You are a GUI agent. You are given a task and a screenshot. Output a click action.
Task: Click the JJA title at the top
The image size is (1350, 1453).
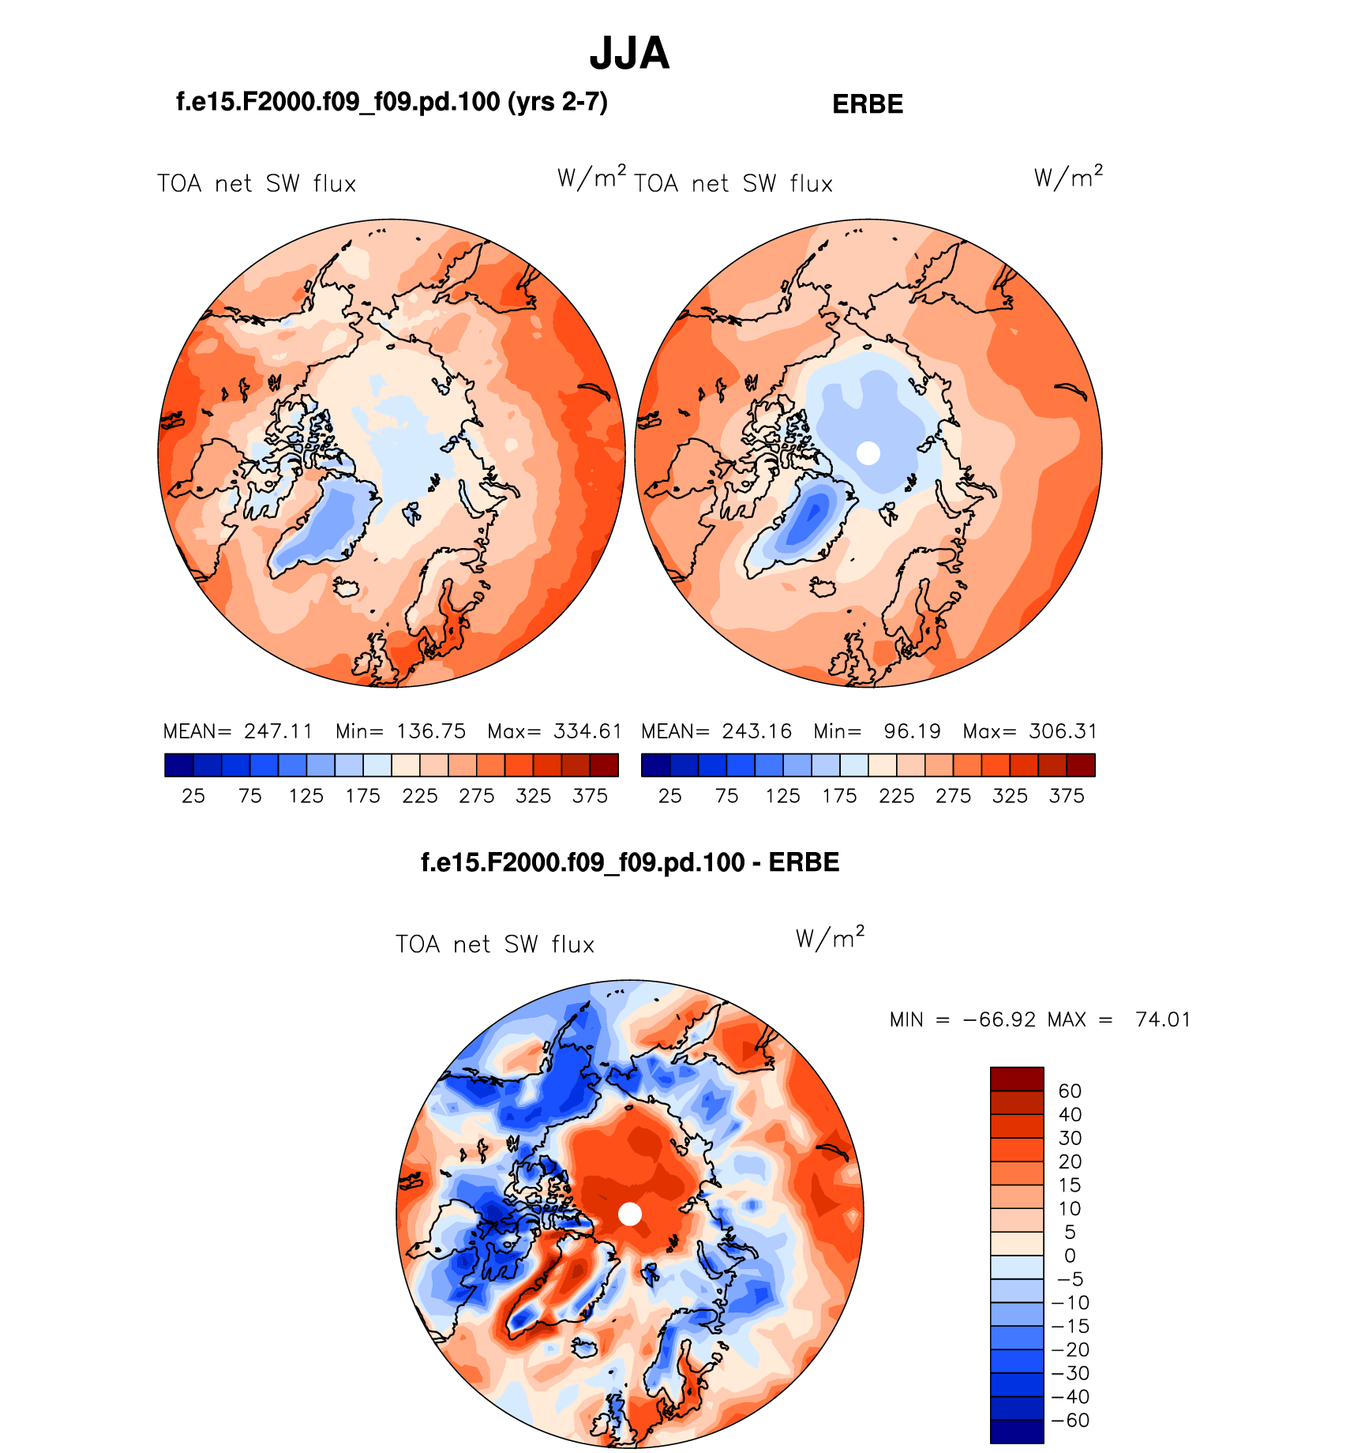click(x=629, y=54)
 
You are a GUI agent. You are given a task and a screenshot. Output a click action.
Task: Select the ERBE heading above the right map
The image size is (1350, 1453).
click(x=868, y=104)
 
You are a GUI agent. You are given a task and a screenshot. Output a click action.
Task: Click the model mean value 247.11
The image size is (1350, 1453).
click(x=278, y=731)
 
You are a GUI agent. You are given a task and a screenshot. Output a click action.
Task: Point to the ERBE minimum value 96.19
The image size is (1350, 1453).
click(x=912, y=731)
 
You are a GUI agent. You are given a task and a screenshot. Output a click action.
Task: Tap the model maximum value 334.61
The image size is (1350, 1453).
click(x=587, y=731)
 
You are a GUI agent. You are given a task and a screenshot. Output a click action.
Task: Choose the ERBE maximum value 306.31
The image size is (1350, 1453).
click(x=1063, y=731)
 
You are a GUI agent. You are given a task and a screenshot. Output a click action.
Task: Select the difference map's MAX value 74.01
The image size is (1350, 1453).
click(x=1162, y=1019)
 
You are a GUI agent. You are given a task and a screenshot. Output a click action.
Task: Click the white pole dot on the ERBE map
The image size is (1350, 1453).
click(x=868, y=453)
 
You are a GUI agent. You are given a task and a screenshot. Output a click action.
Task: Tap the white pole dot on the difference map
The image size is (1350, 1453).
click(x=630, y=1214)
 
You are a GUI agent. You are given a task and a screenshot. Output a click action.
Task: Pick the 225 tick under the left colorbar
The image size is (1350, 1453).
click(x=419, y=796)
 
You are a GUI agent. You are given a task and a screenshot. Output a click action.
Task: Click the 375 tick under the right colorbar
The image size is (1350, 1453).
click(x=1067, y=796)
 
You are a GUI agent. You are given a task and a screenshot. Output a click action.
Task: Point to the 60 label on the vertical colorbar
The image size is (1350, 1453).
click(x=1070, y=1091)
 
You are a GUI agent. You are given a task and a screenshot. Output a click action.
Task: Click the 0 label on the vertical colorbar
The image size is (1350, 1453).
click(x=1070, y=1256)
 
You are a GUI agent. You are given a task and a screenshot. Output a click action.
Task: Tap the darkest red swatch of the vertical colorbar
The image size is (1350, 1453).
click(x=1017, y=1079)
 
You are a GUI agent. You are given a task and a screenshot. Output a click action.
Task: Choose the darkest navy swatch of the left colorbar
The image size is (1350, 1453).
click(x=178, y=765)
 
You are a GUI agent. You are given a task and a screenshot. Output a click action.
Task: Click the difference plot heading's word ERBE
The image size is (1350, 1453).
click(x=804, y=862)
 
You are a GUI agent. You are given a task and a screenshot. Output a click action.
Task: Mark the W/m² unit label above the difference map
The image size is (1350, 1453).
click(x=830, y=937)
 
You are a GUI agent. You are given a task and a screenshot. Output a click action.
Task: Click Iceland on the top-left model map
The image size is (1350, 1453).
click(x=347, y=588)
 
